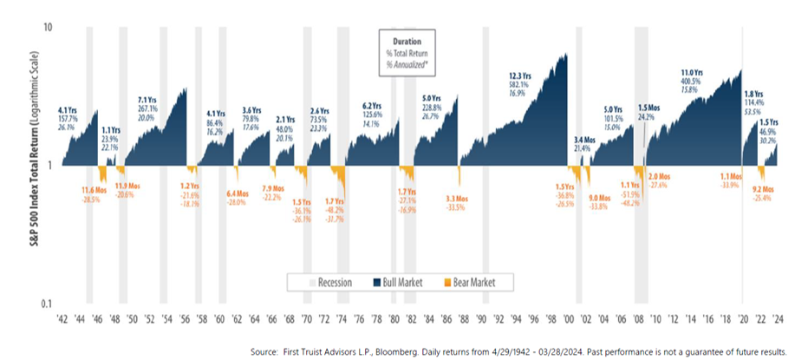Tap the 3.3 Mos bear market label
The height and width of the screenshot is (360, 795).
456,199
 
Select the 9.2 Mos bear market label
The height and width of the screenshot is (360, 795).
763,187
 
